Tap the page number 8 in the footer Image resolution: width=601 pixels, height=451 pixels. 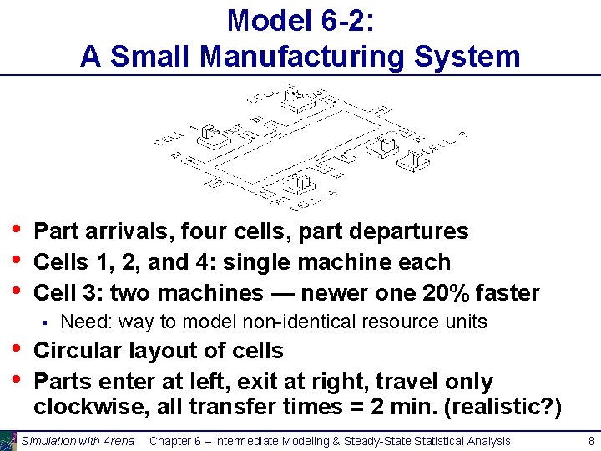pyautogui.click(x=591, y=440)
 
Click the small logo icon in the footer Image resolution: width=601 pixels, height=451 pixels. pyautogui.click(x=8, y=440)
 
